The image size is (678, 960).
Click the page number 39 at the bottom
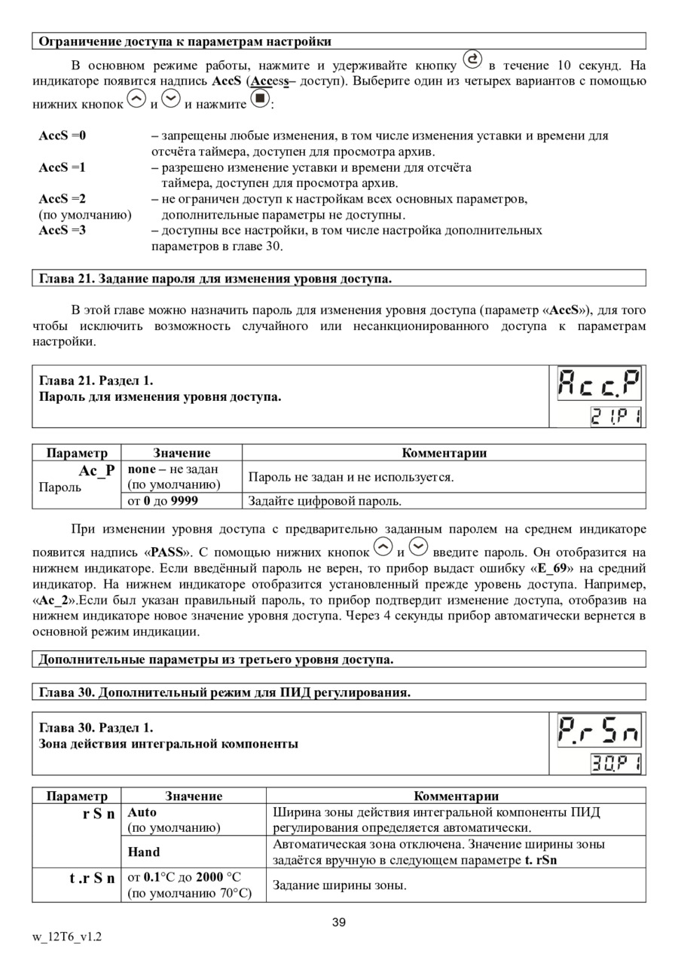click(339, 922)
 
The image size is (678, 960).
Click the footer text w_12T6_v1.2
click(67, 937)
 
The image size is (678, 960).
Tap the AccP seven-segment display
click(599, 385)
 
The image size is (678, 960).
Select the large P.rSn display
click(599, 731)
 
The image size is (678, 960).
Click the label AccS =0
click(63, 136)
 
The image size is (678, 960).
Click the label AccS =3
click(63, 230)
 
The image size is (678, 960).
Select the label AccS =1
click(63, 167)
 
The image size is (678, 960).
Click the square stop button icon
click(259, 99)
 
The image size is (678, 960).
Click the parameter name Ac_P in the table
click(97, 470)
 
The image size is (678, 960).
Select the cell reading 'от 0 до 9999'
click(163, 500)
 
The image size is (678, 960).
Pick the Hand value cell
click(144, 851)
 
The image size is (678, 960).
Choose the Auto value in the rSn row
click(142, 812)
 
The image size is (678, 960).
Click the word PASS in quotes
click(166, 552)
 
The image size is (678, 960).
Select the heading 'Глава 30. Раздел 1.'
click(96, 727)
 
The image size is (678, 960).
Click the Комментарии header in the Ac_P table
click(444, 453)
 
